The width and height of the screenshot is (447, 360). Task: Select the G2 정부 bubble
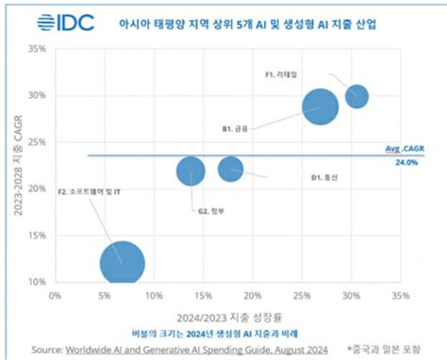tap(190, 171)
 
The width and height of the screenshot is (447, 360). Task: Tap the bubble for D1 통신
tap(231, 169)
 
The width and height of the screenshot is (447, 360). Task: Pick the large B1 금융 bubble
tap(320, 106)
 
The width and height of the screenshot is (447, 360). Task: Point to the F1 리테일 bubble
tap(356, 95)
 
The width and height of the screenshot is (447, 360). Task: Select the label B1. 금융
tap(235, 127)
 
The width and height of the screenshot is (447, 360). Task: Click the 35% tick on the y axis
tap(38, 49)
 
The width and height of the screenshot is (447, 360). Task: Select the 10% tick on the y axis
tap(38, 282)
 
